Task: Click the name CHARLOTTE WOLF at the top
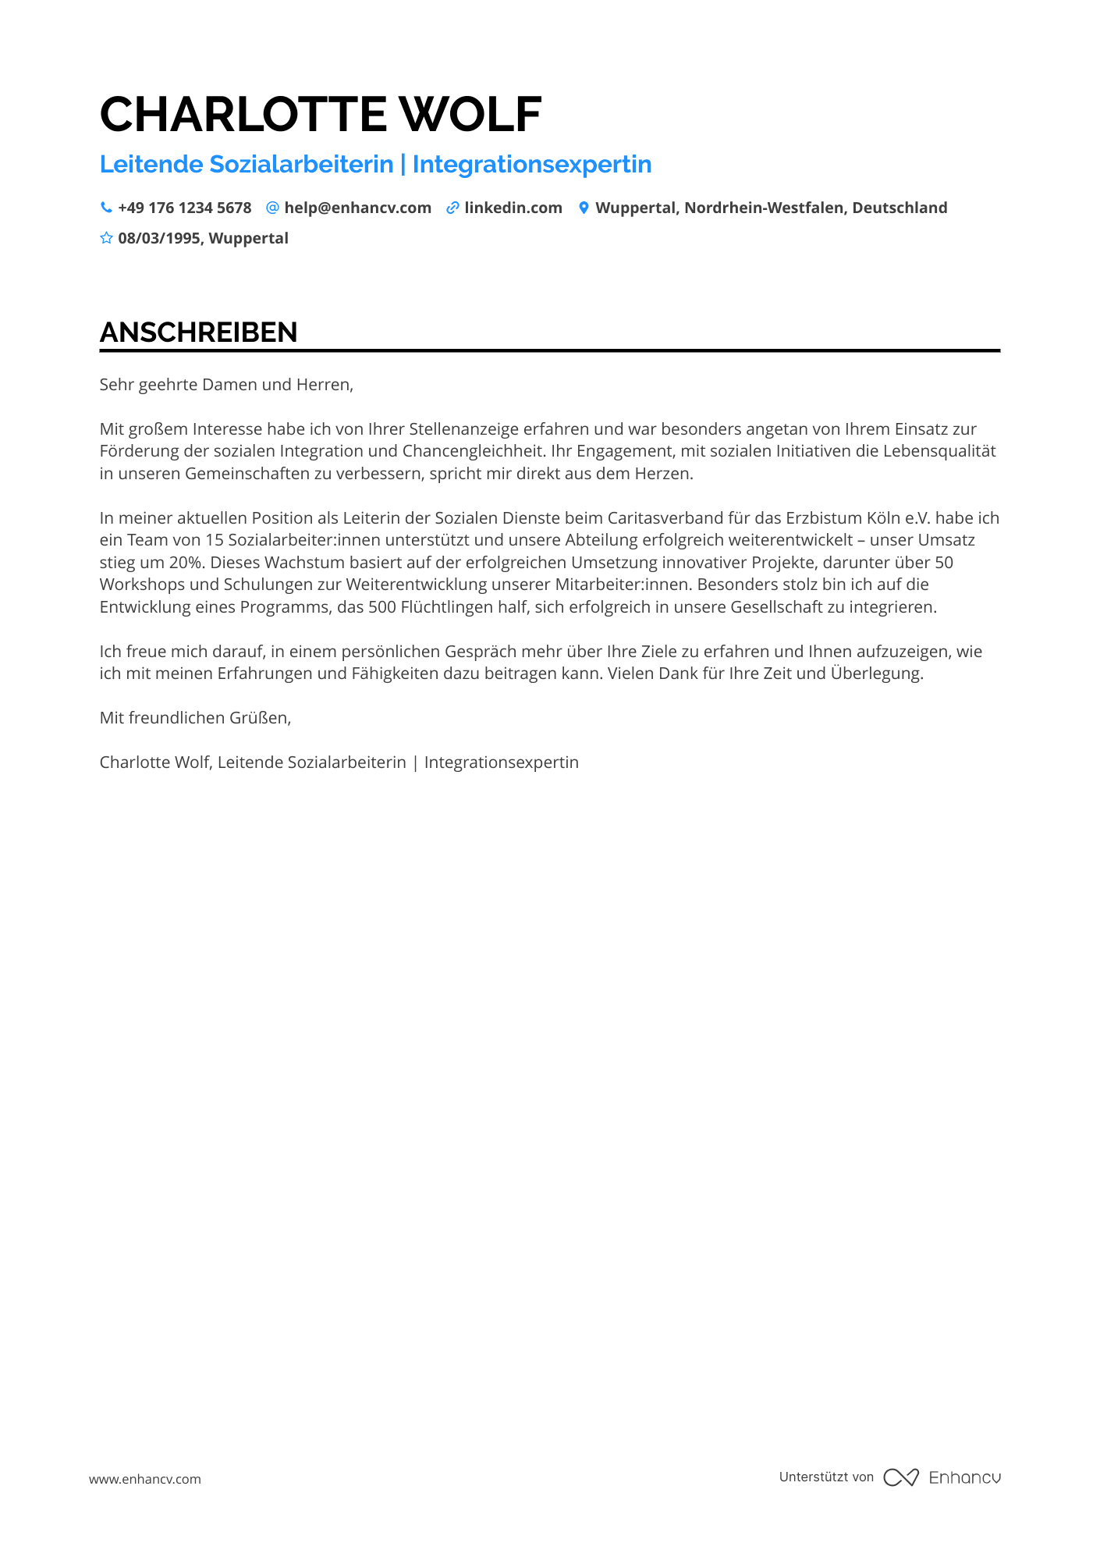pos(321,114)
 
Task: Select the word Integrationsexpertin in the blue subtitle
pos(532,165)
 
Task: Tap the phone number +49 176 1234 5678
pos(185,208)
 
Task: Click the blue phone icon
pos(106,208)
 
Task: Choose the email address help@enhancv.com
pos(357,208)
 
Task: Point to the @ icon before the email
pos(272,208)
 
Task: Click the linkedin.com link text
pos(513,208)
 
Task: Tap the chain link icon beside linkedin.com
pos(452,208)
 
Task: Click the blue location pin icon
pos(584,208)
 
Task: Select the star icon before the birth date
pos(106,238)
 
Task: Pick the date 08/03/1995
pos(159,238)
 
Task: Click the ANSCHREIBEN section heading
pos(199,332)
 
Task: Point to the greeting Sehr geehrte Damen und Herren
pos(226,385)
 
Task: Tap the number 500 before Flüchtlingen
pos(382,607)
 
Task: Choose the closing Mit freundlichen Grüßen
pos(195,718)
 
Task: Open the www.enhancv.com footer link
pos(145,1479)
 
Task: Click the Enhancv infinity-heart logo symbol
pos(901,1477)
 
